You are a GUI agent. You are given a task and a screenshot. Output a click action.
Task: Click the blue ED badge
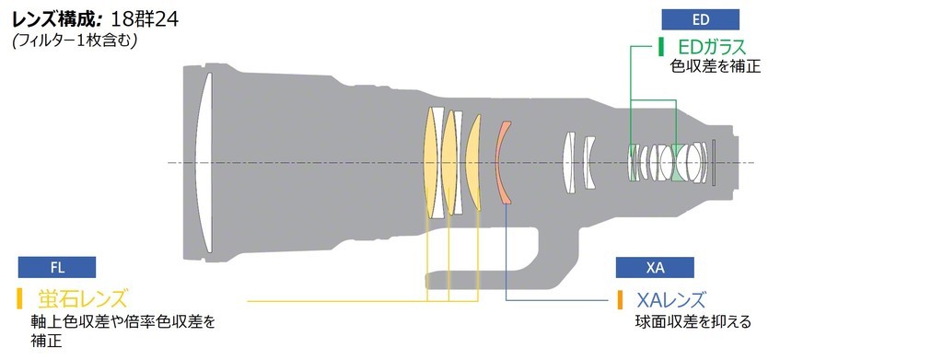point(701,19)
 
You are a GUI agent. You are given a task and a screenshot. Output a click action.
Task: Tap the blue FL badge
point(56,267)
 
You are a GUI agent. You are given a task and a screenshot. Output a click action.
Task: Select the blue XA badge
point(655,267)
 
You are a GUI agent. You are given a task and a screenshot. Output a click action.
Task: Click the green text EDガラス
point(712,47)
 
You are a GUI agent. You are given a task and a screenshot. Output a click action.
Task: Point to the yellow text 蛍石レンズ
point(83,298)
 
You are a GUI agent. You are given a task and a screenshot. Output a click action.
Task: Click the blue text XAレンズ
point(670,299)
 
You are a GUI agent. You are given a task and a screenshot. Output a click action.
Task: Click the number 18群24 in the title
point(145,19)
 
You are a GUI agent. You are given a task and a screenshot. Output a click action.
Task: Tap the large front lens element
point(204,162)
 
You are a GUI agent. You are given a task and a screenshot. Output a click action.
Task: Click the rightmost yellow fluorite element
point(473,162)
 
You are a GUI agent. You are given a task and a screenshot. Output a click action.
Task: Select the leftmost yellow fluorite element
point(430,162)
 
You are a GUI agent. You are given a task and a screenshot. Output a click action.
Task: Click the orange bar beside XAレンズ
point(620,299)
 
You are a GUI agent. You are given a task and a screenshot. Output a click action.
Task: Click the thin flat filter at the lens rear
point(714,162)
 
